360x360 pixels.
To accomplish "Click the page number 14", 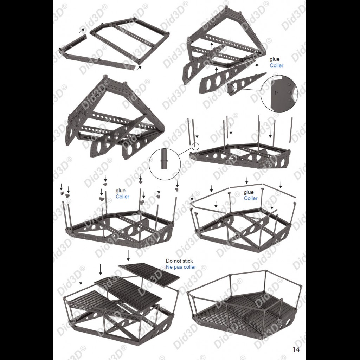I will point(296,349).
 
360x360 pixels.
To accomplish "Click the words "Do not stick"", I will point(179,261).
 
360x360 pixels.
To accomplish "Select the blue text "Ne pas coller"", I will point(181,267).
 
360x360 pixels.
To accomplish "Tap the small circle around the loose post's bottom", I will point(195,146).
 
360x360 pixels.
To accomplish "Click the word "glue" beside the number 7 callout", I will point(275,60).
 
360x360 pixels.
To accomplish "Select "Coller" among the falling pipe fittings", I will point(122,197).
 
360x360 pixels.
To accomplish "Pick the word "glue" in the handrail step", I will point(249,192).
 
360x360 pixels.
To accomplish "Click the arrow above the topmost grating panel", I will point(128,256).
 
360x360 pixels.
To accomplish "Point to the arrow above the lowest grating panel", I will point(81,279).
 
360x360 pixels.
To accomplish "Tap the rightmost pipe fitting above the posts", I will point(177,189).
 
